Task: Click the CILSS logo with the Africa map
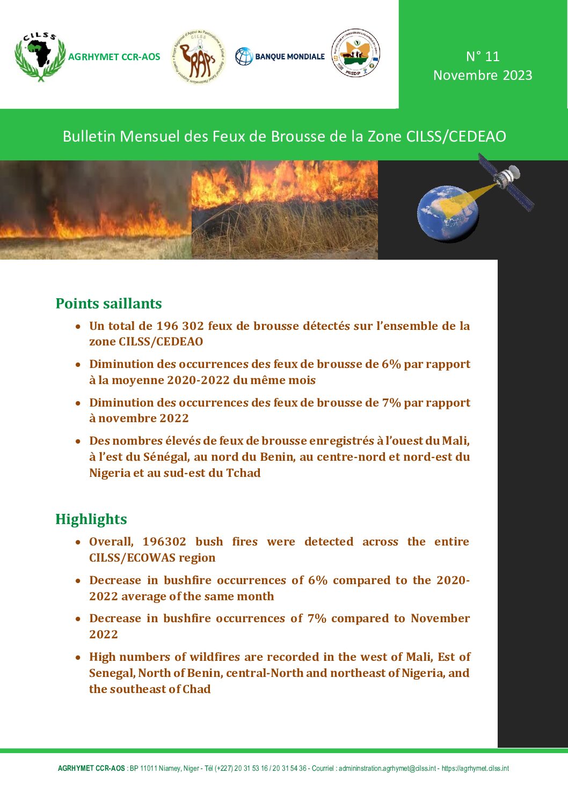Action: (x=40, y=56)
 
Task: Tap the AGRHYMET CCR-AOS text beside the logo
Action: (x=114, y=57)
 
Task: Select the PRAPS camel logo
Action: (x=198, y=57)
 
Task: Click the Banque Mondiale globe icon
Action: (x=244, y=56)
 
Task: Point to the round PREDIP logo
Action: (x=355, y=53)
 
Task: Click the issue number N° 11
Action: (x=483, y=56)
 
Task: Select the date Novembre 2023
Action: (x=483, y=75)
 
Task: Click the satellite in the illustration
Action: (x=505, y=180)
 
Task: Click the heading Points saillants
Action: (x=108, y=304)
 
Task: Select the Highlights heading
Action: (x=91, y=519)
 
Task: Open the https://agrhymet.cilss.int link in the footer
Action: (x=475, y=769)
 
